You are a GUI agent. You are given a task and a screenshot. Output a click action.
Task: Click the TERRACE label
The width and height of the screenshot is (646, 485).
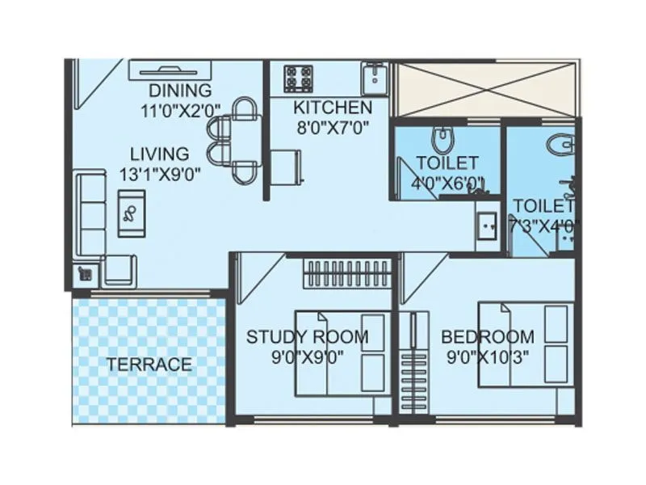pos(149,365)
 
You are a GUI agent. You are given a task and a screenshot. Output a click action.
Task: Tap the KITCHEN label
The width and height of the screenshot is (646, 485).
pos(333,108)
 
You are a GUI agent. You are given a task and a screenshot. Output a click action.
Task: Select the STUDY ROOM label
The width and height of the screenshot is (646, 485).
pos(307,337)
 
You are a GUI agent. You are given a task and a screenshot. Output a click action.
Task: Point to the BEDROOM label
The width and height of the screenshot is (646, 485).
pos(487,337)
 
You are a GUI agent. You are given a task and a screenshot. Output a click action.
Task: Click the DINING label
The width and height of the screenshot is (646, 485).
pos(180,91)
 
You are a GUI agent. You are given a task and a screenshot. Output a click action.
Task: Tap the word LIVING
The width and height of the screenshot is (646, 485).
pos(160,154)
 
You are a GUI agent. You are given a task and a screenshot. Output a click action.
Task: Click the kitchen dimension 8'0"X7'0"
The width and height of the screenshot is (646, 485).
pos(332,126)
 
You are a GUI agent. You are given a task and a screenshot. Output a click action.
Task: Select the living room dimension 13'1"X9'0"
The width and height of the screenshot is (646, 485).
pos(160,172)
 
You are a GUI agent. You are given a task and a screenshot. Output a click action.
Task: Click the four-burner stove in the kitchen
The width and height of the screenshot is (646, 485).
pos(298,79)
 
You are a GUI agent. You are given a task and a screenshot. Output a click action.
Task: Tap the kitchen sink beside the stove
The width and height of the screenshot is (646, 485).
pos(375,79)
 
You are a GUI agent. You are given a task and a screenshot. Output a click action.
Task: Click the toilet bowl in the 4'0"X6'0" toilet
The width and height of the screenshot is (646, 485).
pos(442,140)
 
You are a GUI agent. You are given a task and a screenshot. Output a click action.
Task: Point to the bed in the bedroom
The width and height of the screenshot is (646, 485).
pos(526,344)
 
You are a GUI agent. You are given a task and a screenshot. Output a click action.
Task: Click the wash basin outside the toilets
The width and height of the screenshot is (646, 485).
pos(487,226)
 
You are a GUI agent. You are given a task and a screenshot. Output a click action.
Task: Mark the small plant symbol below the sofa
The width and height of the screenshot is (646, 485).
pos(85,275)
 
